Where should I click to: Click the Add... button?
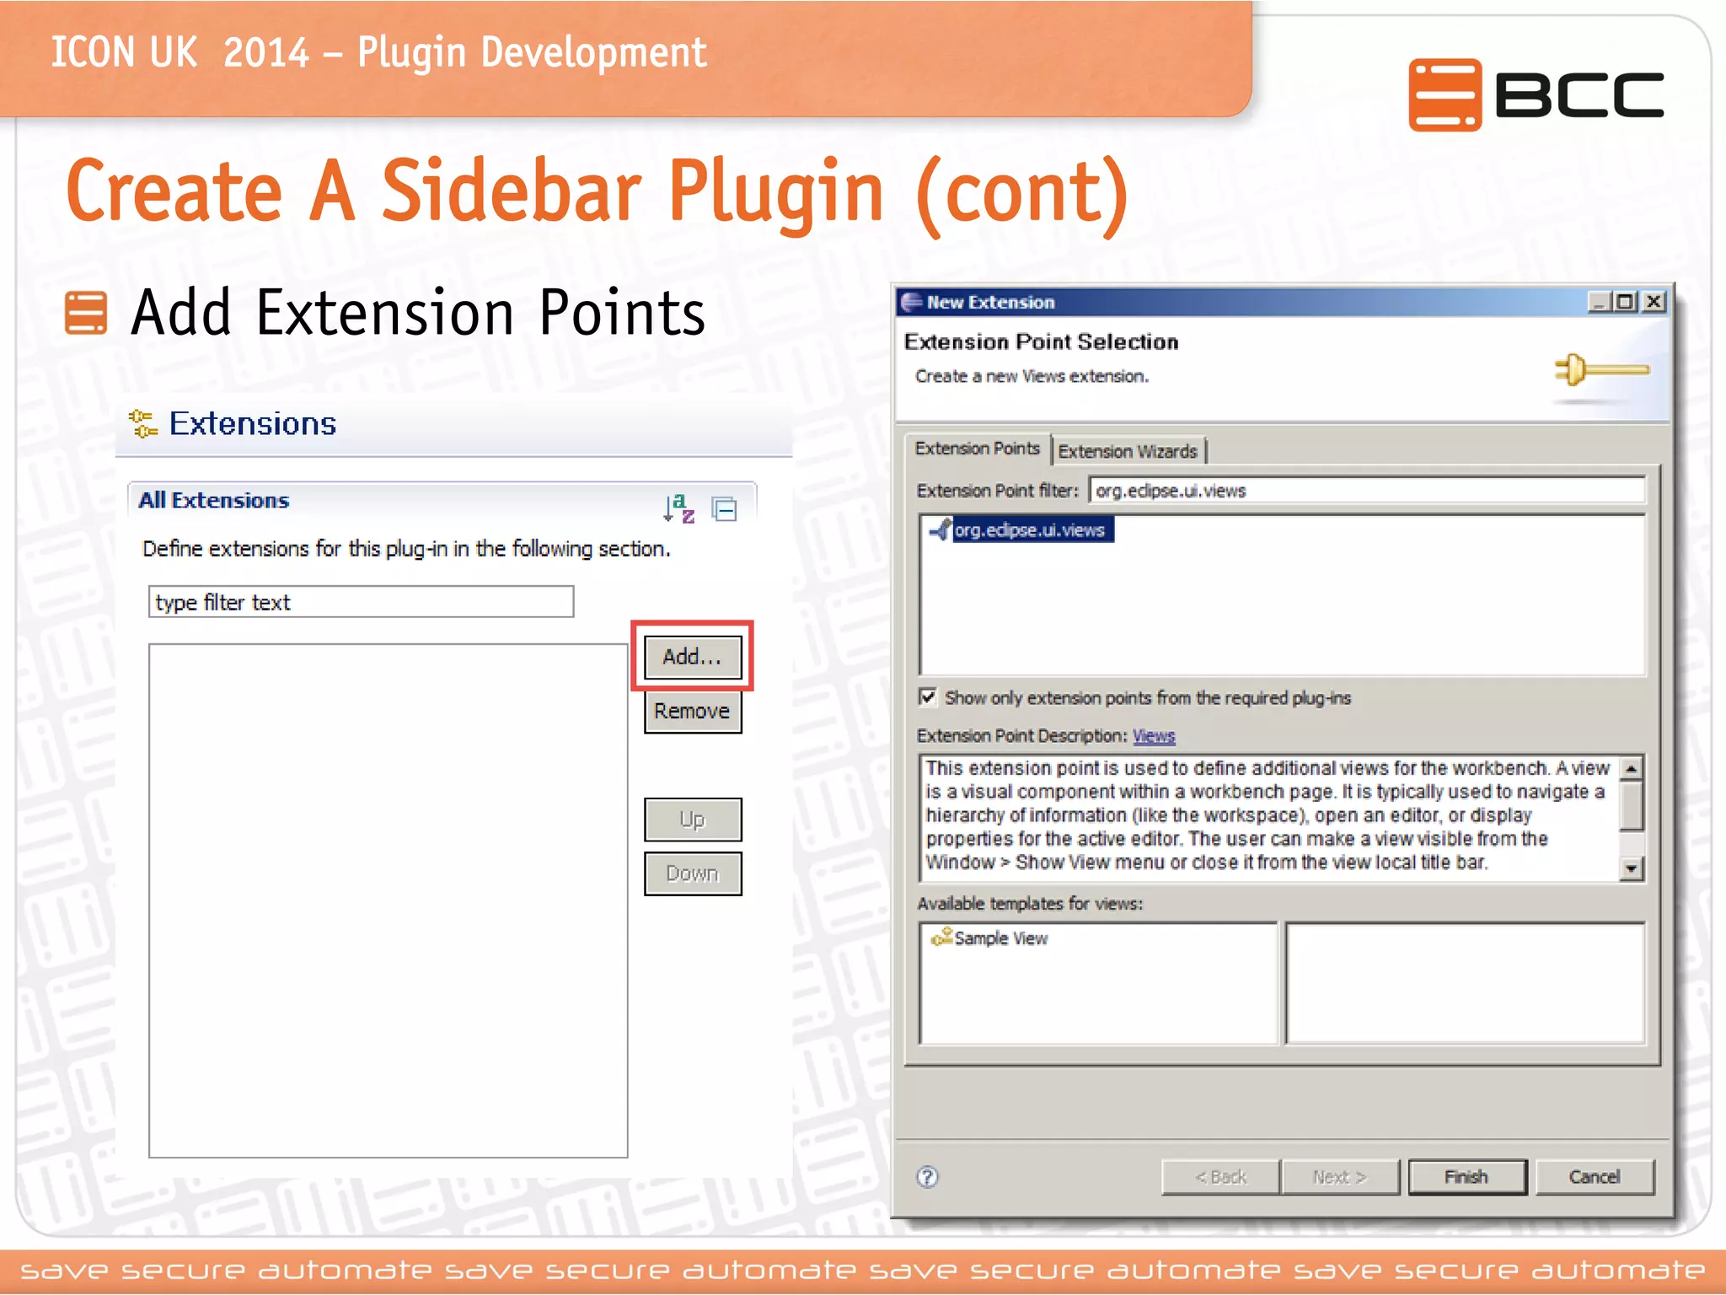(x=692, y=657)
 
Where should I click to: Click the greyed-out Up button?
(x=692, y=819)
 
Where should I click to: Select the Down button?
(x=692, y=873)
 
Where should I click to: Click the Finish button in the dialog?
(x=1466, y=1177)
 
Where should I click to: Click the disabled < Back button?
(x=1220, y=1177)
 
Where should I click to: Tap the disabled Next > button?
(x=1339, y=1177)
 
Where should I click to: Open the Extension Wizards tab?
(x=1128, y=451)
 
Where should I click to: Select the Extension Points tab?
(x=977, y=449)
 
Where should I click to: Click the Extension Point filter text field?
(x=1365, y=491)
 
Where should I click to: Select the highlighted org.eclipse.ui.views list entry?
(x=1029, y=530)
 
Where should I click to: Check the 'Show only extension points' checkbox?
(x=928, y=697)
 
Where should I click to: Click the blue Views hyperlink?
(x=1154, y=736)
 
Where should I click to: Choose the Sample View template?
(x=1000, y=938)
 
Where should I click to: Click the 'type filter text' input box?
(x=361, y=602)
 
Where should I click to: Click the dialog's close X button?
(x=1654, y=302)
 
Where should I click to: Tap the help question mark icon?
(x=927, y=1177)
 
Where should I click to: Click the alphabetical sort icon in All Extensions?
(x=678, y=508)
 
